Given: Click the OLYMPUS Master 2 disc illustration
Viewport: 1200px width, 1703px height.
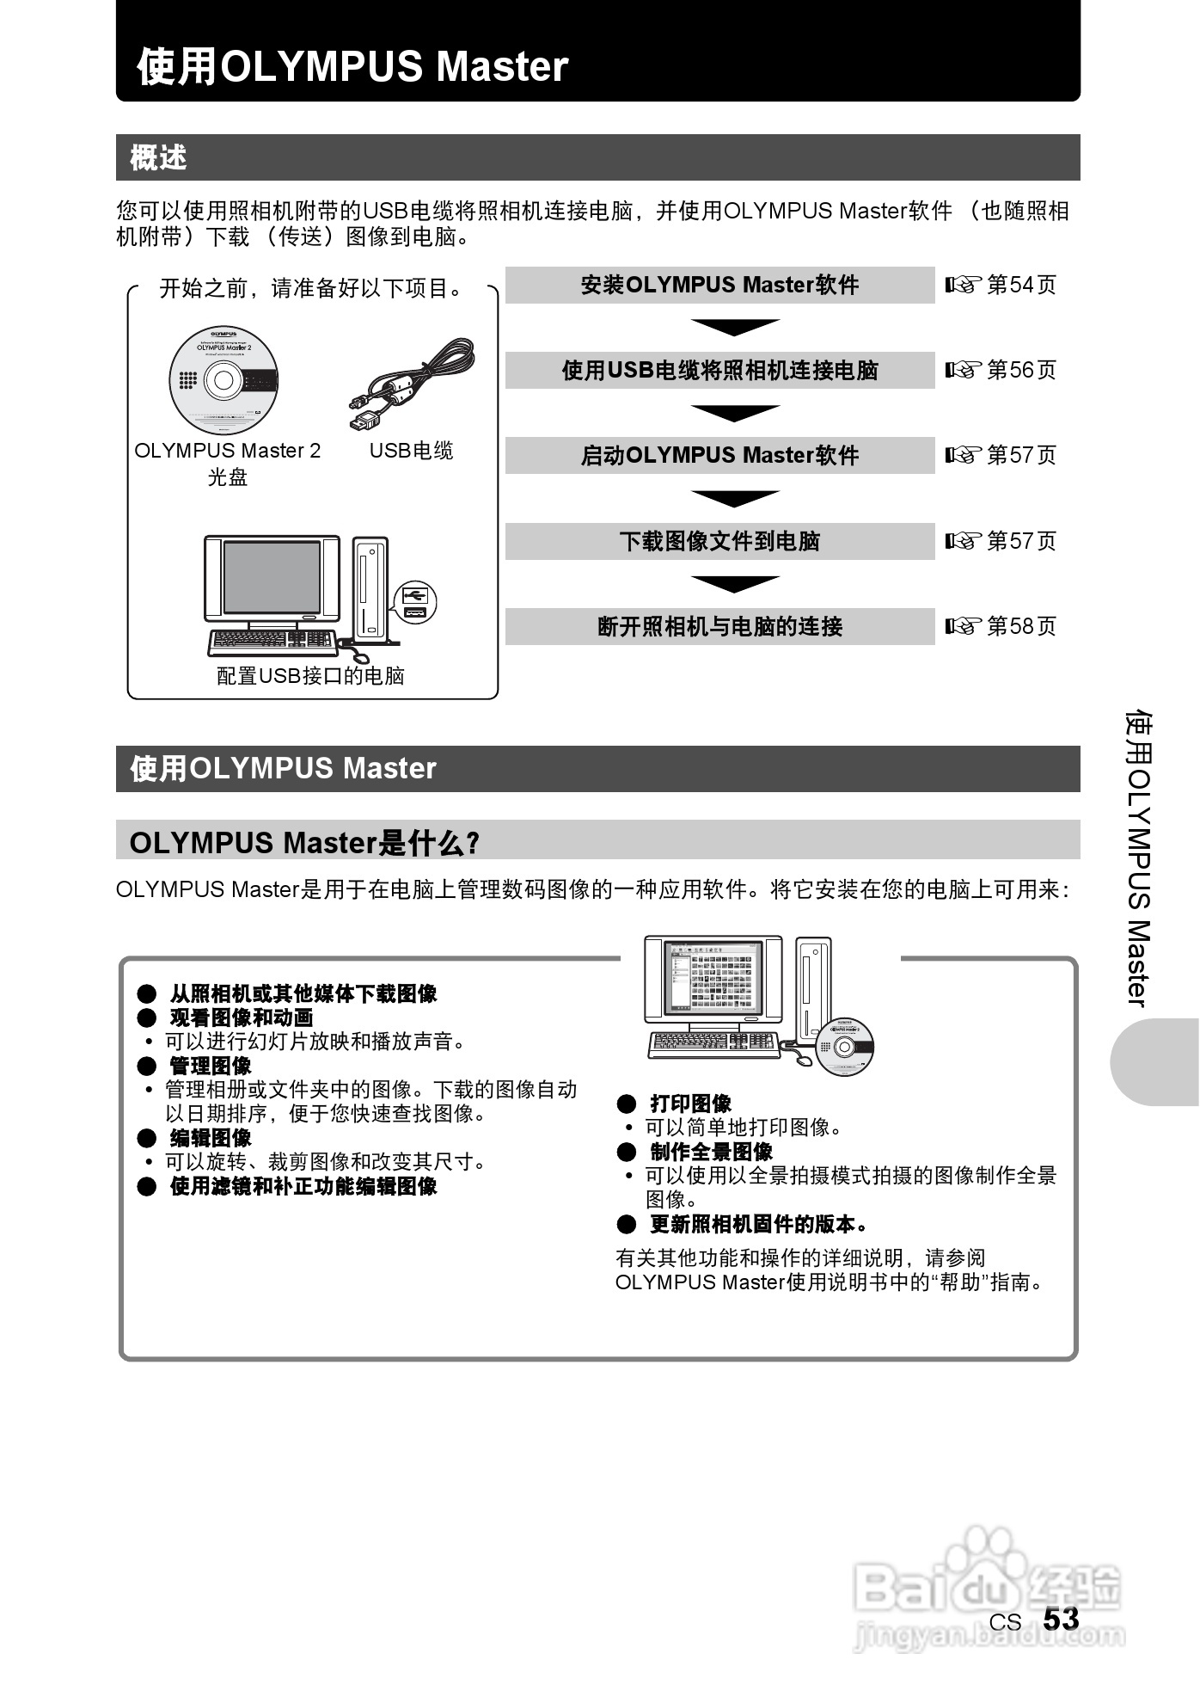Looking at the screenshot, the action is point(223,380).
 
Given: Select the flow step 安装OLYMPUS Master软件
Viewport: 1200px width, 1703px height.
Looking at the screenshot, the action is point(719,286).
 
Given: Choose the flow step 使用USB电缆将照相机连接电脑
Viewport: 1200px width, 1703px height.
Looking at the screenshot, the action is point(719,371).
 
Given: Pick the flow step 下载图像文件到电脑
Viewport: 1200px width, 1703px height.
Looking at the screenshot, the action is point(719,541).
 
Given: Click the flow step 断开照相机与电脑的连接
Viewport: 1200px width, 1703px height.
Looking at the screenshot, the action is point(719,626).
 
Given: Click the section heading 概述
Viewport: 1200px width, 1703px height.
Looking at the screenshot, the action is point(159,158).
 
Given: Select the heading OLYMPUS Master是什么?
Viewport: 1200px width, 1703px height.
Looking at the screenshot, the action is point(303,842).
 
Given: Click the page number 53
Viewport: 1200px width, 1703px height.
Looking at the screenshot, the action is point(1061,1620).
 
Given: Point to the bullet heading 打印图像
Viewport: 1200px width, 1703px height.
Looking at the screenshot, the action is point(689,1104).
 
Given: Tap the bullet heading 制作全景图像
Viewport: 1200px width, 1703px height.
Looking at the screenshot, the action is point(710,1152).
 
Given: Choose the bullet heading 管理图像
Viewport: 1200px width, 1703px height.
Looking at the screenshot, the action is point(210,1066).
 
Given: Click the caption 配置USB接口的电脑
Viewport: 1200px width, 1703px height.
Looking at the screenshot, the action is point(310,676).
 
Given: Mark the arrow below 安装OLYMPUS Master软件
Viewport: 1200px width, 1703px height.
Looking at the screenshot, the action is point(735,327).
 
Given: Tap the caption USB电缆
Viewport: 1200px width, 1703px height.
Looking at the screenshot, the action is point(411,451).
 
